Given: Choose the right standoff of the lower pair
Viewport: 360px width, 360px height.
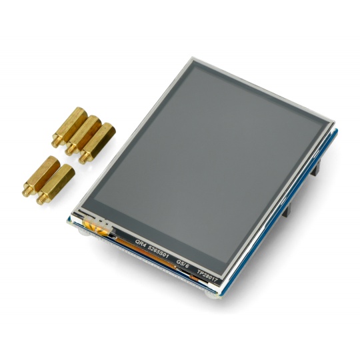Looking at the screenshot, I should (57, 182).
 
